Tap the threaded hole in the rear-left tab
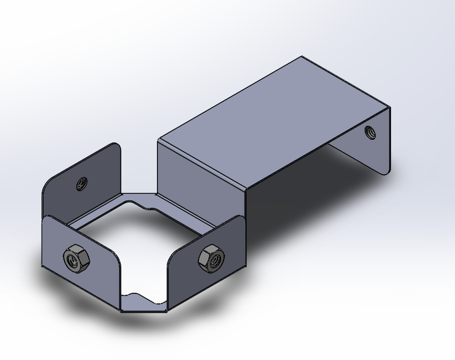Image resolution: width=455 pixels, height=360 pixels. click(x=82, y=183)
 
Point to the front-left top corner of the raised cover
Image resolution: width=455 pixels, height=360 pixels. click(x=158, y=140)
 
